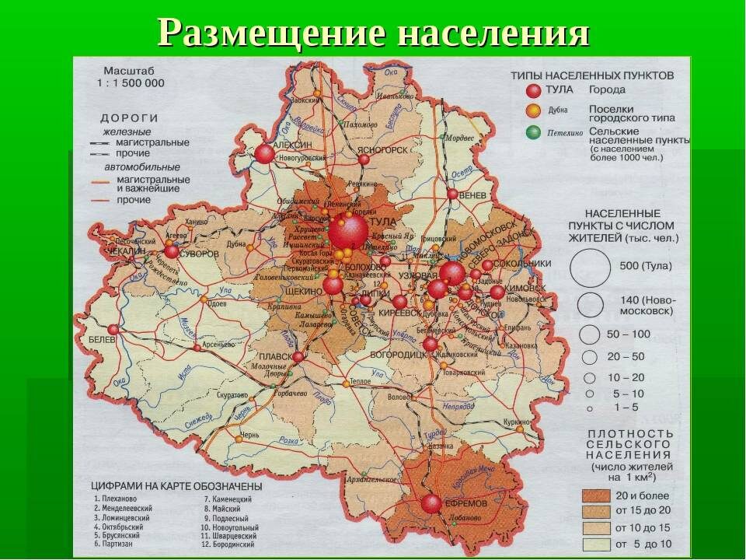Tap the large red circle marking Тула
pyautogui.click(x=347, y=232)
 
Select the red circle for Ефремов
pyautogui.click(x=431, y=504)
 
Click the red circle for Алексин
pyautogui.click(x=265, y=154)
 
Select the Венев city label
pyautogui.click(x=475, y=194)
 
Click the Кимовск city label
pyautogui.click(x=525, y=287)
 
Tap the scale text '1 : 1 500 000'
pyautogui.click(x=131, y=82)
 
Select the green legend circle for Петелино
pyautogui.click(x=532, y=132)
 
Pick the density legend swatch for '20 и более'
pyautogui.click(x=595, y=495)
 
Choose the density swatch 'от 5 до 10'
pyautogui.click(x=595, y=543)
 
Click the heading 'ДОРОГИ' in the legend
pyautogui.click(x=129, y=117)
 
